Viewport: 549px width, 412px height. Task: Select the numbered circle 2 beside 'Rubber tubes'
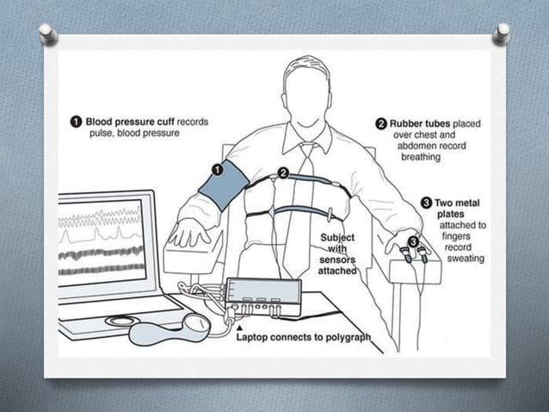382,124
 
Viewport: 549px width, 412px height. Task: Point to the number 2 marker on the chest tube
282,173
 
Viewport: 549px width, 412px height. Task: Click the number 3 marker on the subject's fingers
414,242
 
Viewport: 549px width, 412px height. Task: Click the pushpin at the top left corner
49,34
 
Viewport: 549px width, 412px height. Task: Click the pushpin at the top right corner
503,34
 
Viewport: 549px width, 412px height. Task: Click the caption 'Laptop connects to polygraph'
304,338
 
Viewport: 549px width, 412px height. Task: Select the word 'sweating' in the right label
465,259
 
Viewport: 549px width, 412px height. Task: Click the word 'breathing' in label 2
420,158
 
